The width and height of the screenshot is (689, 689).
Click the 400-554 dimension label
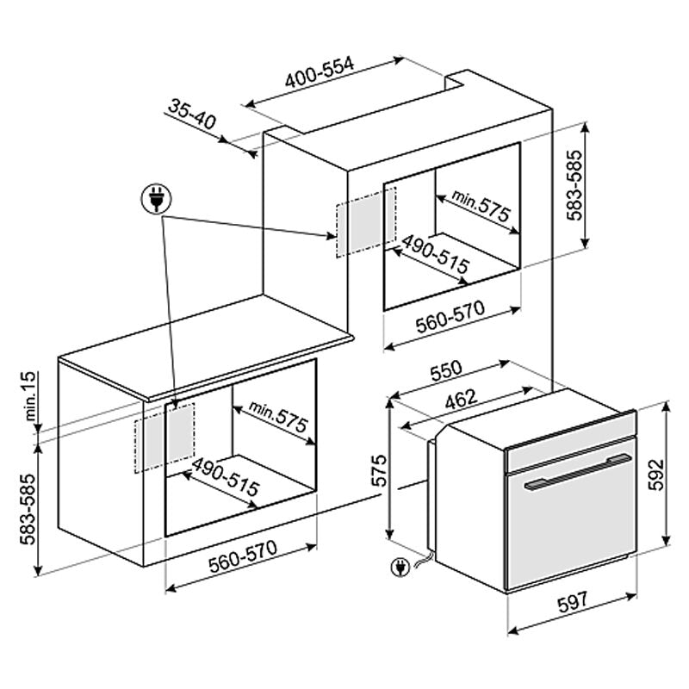pyautogui.click(x=320, y=72)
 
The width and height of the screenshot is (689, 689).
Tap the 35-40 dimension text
pyautogui.click(x=192, y=115)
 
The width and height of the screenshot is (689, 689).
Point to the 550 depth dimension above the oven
pyautogui.click(x=446, y=370)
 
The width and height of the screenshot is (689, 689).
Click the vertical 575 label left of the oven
pyautogui.click(x=379, y=470)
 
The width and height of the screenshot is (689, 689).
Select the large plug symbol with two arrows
pyautogui.click(x=157, y=199)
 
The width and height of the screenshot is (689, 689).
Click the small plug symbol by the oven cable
pyautogui.click(x=400, y=567)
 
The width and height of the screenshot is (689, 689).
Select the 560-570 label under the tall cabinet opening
pyautogui.click(x=450, y=316)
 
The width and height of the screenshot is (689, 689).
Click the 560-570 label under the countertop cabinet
pyautogui.click(x=243, y=556)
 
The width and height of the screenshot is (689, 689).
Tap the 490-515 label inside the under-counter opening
pyautogui.click(x=226, y=477)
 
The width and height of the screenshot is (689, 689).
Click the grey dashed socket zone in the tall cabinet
pyautogui.click(x=366, y=222)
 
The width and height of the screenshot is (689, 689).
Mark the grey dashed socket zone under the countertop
pyautogui.click(x=164, y=438)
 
